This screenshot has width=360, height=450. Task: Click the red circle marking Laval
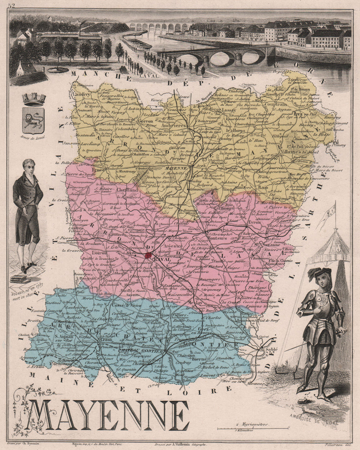click(x=148, y=256)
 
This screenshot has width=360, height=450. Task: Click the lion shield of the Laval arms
click(x=33, y=120)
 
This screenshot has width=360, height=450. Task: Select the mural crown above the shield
click(x=34, y=98)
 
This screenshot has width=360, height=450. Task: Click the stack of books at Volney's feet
click(x=20, y=279)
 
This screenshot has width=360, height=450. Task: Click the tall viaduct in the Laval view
click(x=158, y=27)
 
